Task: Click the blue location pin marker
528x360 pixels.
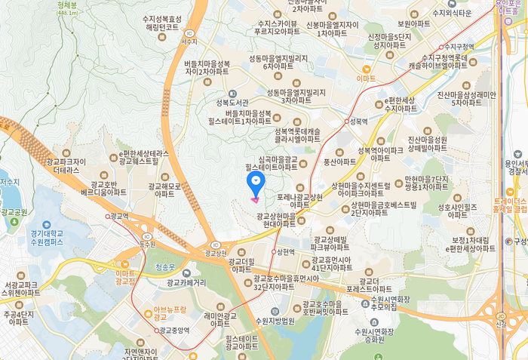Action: coord(256,182)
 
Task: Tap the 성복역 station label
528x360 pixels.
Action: coord(358,121)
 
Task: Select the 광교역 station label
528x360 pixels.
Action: coord(119,216)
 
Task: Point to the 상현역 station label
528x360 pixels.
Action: coord(285,251)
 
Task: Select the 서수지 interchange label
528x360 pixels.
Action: coord(189,42)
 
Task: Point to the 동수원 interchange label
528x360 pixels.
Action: coord(147,244)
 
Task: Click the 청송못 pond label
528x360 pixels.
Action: coord(164,267)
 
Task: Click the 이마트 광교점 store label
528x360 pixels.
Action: coord(125,277)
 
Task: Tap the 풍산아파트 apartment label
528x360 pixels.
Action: coord(339,161)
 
